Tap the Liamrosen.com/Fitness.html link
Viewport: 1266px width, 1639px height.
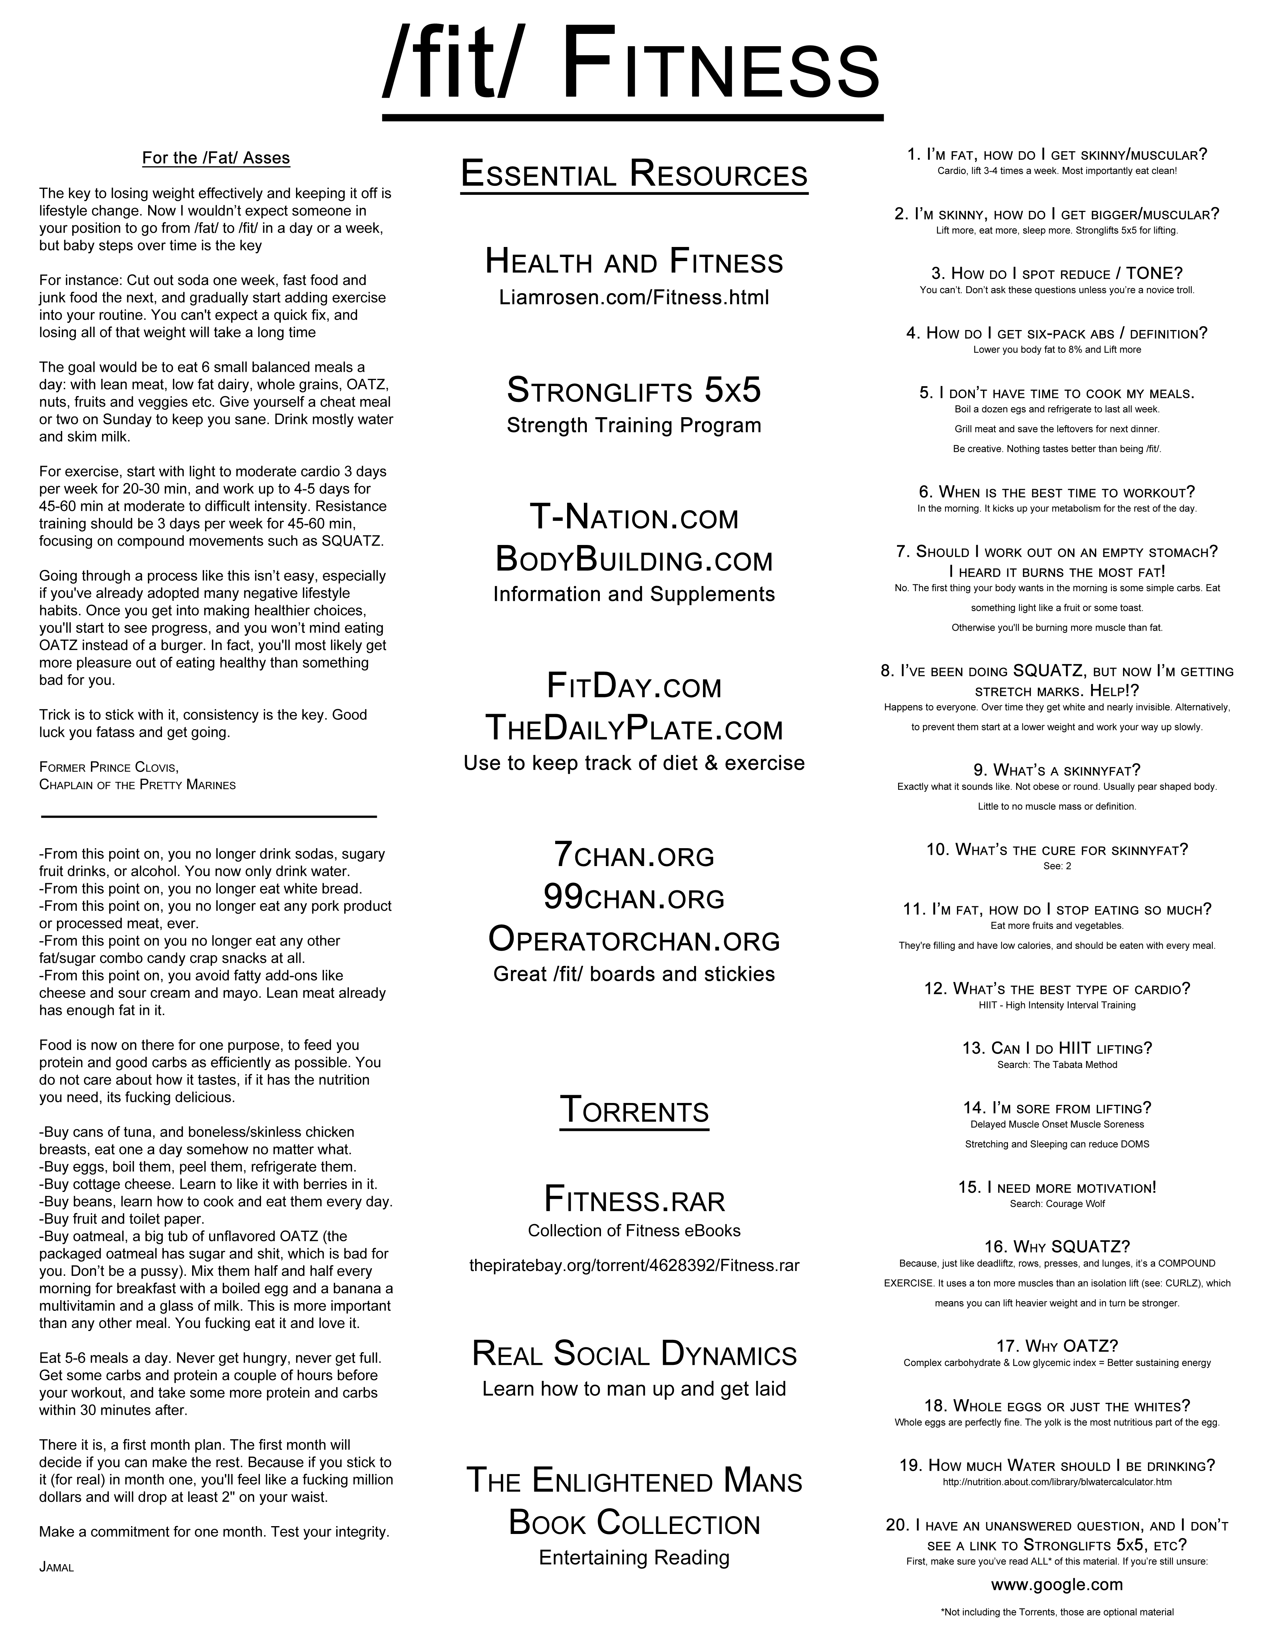point(634,298)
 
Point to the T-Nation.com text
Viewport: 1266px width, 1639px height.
point(634,518)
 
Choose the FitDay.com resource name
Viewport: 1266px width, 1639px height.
point(634,686)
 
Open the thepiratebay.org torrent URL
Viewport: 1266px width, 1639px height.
point(634,1265)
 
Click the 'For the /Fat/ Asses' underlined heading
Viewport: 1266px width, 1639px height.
point(216,158)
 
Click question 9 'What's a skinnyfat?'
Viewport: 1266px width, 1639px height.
point(1057,770)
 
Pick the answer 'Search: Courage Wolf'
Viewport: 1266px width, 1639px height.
point(1057,1204)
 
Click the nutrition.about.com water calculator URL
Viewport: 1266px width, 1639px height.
point(1057,1482)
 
